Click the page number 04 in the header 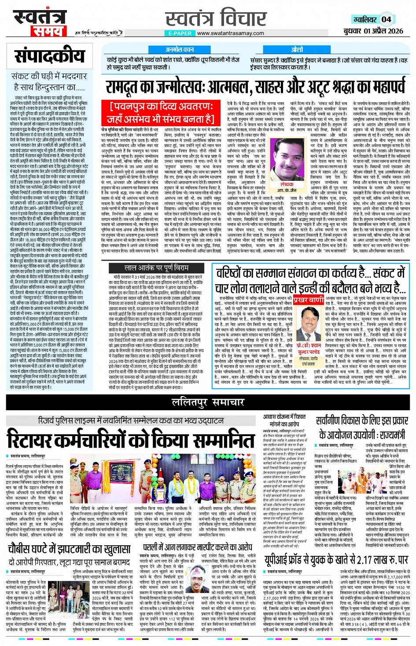(x=386, y=19)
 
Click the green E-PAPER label (x=180, y=33)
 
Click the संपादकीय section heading (x=49, y=56)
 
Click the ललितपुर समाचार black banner (x=208, y=402)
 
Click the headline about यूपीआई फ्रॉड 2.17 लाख (x=336, y=559)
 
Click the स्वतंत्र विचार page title (x=216, y=19)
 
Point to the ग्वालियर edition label (x=364, y=19)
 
